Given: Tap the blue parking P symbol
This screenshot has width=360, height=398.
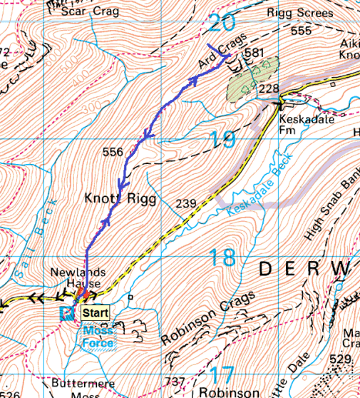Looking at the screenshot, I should pos(68,312).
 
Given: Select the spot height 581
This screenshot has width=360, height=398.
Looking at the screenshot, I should pos(254,53).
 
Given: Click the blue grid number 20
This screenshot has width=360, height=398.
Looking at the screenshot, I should pos(222,24).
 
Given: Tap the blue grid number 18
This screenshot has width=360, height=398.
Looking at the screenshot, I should pos(222,257).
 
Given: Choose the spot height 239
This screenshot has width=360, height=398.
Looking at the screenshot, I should pos(185,205).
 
